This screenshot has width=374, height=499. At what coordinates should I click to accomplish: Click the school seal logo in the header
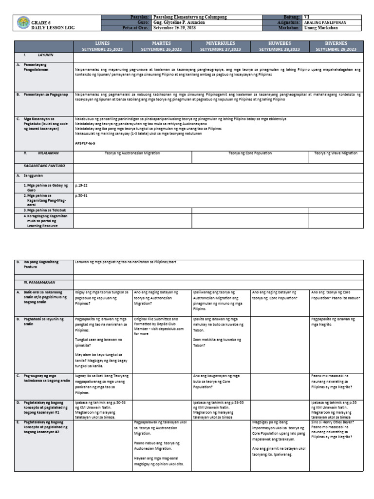pyautogui.click(x=23, y=23)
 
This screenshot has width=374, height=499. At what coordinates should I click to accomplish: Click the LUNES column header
pyautogui.click(x=102, y=46)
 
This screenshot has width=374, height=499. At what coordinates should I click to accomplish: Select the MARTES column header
pyautogui.click(x=161, y=46)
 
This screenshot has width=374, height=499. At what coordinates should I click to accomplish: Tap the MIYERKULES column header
pyautogui.click(x=221, y=46)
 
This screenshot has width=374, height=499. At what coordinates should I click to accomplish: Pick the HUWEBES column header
pyautogui.click(x=280, y=46)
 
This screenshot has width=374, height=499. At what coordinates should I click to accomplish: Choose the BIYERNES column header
pyautogui.click(x=336, y=46)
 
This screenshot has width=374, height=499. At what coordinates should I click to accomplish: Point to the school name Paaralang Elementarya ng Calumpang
pyautogui.click(x=189, y=17)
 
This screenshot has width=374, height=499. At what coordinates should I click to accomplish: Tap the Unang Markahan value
pyautogui.click(x=320, y=28)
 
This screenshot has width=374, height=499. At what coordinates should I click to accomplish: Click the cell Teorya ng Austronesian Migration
pyautogui.click(x=132, y=153)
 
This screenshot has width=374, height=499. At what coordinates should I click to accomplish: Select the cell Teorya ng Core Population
pyautogui.click(x=250, y=153)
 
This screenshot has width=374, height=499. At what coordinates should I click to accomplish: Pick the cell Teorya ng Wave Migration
pyautogui.click(x=336, y=153)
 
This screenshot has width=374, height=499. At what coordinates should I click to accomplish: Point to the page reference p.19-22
pyautogui.click(x=82, y=186)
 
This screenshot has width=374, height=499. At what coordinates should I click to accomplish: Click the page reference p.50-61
pyautogui.click(x=82, y=195)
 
